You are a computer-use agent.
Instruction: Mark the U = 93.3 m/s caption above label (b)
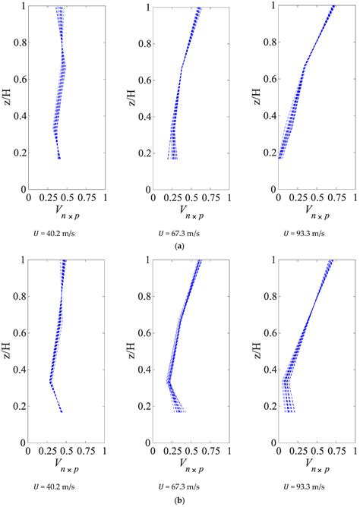pyautogui.click(x=298, y=486)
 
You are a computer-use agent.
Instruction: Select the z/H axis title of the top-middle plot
pyautogui.click(x=131, y=98)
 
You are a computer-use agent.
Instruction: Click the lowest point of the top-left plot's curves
pyautogui.click(x=59, y=158)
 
